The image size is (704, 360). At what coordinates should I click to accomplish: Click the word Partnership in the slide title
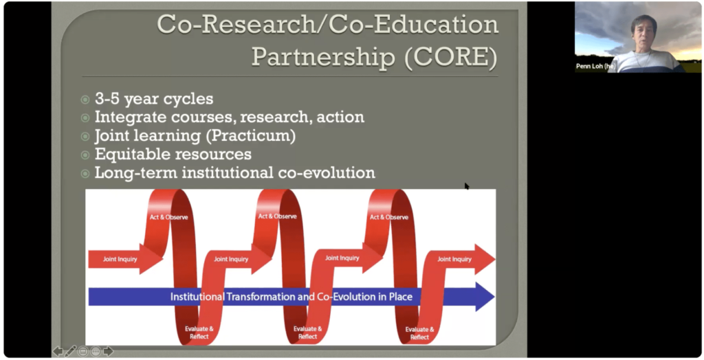click(x=323, y=57)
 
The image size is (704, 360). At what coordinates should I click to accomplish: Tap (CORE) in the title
click(x=451, y=56)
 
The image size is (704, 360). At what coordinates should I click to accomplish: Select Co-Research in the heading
click(x=236, y=24)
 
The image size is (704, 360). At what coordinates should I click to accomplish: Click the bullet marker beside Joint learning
click(x=85, y=137)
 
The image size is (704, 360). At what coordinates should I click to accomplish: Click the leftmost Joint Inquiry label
click(x=120, y=259)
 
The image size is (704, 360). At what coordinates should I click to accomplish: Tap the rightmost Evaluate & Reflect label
click(x=419, y=333)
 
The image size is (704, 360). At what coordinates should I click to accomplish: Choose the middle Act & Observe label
click(x=277, y=216)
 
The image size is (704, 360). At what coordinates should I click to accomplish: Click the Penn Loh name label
click(x=595, y=67)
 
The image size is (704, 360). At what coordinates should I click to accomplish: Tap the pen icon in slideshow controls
click(x=71, y=351)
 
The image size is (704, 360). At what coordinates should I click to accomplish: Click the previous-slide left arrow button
click(x=58, y=351)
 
